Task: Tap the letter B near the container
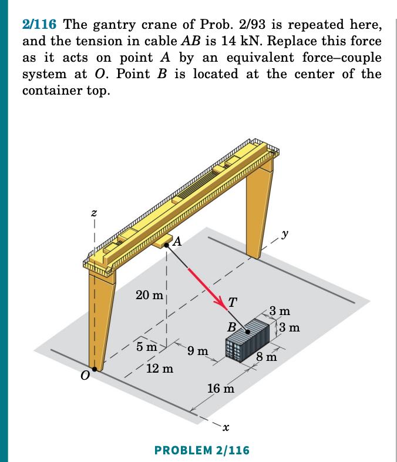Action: coord(233,327)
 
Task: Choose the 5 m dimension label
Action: coord(146,347)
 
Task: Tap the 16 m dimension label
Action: coord(221,389)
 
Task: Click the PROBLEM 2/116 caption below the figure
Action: coord(201,450)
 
